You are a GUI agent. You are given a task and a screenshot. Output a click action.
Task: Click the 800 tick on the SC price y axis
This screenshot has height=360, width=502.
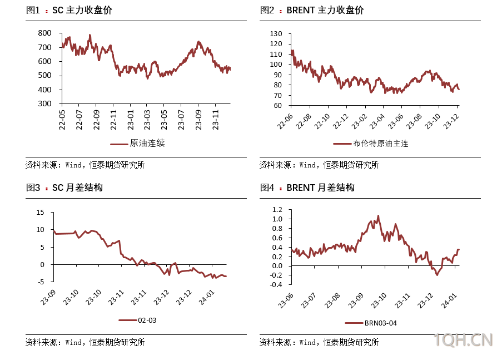point(46,33)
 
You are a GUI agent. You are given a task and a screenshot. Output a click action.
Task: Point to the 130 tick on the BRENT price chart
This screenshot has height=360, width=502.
point(276,33)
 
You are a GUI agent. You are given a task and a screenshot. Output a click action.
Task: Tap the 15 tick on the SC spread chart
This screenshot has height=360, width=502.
point(39,212)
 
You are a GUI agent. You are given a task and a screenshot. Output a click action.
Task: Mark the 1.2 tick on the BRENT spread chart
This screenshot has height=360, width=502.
point(277,210)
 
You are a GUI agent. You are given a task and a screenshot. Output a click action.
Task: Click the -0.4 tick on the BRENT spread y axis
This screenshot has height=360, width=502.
point(276,285)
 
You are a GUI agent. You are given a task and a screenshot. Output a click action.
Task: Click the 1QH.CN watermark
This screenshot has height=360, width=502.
point(463,340)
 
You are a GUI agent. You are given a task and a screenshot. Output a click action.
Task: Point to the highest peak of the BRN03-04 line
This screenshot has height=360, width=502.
point(379,216)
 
